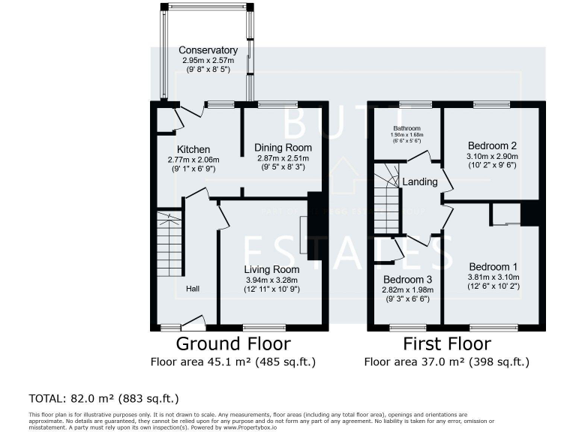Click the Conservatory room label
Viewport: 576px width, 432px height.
point(208,50)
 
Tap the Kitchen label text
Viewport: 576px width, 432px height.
point(193,149)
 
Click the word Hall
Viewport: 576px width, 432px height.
point(193,289)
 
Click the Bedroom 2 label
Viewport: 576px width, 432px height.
point(492,145)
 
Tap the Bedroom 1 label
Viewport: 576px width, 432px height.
point(493,266)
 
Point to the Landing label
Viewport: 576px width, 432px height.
point(420,182)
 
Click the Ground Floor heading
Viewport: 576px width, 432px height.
point(232,344)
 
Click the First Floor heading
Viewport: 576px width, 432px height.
point(447,344)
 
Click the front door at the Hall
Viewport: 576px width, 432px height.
point(193,324)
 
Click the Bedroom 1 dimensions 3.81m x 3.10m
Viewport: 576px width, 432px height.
point(493,277)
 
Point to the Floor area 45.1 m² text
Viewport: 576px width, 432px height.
point(232,361)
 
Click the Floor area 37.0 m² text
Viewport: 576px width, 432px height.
point(447,361)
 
